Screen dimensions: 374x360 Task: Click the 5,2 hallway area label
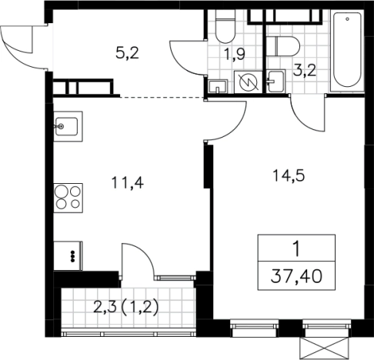click(x=127, y=54)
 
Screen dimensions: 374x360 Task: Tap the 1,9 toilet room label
click(x=234, y=55)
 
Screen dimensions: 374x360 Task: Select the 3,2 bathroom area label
click(x=305, y=70)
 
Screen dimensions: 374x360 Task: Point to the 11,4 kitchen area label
click(x=128, y=183)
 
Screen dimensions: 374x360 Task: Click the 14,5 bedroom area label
click(x=289, y=176)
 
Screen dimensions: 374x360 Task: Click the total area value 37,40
click(x=296, y=277)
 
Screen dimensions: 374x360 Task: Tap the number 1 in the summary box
click(x=296, y=249)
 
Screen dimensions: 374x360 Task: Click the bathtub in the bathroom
click(x=347, y=51)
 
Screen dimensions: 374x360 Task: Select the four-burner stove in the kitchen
click(x=68, y=198)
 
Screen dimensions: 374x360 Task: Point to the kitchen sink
click(x=68, y=126)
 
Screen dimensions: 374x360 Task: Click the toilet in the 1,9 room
click(x=225, y=27)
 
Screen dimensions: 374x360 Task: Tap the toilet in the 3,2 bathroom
click(x=283, y=46)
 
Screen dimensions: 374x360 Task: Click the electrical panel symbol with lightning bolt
click(x=248, y=82)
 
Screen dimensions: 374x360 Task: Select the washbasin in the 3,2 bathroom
click(x=276, y=81)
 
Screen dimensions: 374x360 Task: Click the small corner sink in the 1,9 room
click(x=218, y=86)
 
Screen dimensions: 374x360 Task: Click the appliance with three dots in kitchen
click(x=68, y=256)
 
